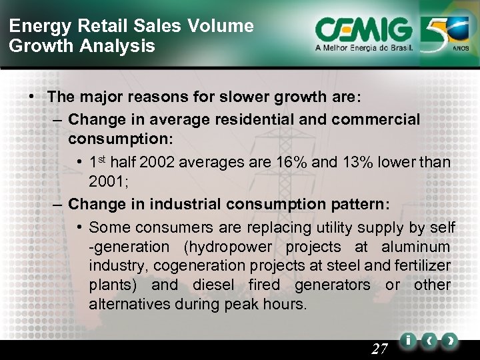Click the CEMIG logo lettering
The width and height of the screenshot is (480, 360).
point(365,30)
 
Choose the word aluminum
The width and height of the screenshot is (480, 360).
point(417,247)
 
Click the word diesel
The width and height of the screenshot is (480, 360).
point(215,285)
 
